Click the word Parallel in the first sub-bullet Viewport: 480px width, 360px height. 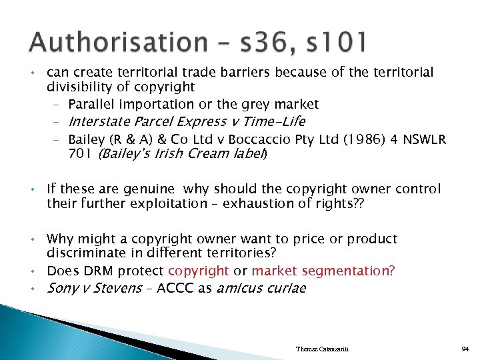coord(91,104)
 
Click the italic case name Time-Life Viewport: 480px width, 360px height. coord(275,121)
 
